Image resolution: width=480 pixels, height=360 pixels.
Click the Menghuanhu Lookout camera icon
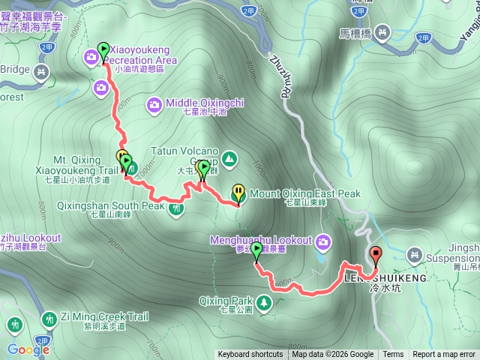[x=323, y=241]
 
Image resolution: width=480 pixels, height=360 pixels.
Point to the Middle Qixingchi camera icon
[x=154, y=104]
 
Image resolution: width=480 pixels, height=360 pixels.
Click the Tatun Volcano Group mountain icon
[x=229, y=158]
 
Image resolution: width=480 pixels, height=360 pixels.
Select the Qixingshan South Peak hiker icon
[x=176, y=208]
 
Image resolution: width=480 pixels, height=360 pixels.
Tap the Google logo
[x=28, y=349]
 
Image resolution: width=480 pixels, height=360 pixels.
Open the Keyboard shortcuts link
[x=250, y=355]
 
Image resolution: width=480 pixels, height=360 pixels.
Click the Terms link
[x=393, y=355]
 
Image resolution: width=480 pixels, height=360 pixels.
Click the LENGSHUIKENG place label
[x=385, y=277]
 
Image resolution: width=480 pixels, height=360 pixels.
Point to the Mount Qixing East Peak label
[x=305, y=193]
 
